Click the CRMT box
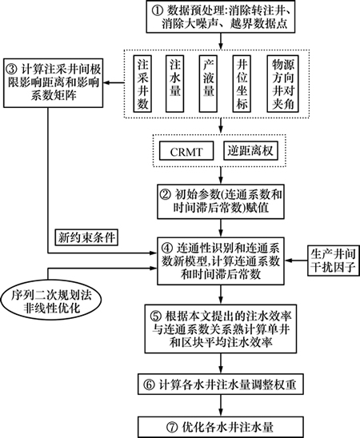click(x=186, y=150)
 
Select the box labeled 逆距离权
click(x=250, y=150)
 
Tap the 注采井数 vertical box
click(x=142, y=83)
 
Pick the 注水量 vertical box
click(x=175, y=83)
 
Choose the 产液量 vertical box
click(x=208, y=83)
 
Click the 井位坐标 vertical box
click(x=242, y=83)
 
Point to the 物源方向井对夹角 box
click(x=283, y=83)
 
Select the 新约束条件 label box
click(x=86, y=237)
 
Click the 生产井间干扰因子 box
click(x=334, y=261)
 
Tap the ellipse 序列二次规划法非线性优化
click(x=51, y=301)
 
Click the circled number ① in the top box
click(x=157, y=11)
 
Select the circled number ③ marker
click(x=12, y=69)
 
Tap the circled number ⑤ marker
click(x=155, y=316)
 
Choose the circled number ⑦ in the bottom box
click(x=172, y=427)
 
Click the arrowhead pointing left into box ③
click(x=106, y=82)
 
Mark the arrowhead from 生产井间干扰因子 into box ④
click(x=288, y=261)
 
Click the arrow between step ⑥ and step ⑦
click(x=221, y=405)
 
